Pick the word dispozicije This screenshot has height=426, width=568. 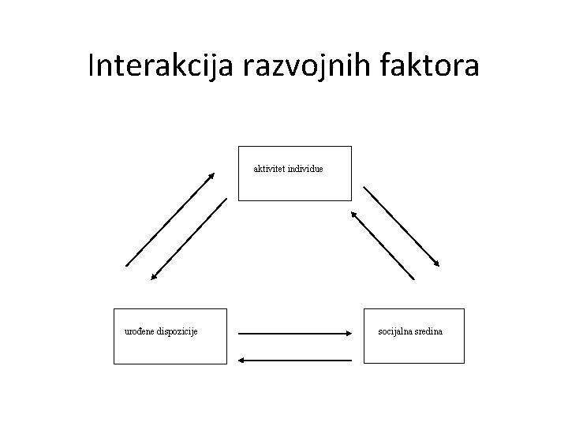click(178, 331)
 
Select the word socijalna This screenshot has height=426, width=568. click(397, 331)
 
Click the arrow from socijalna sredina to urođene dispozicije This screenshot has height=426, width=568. click(294, 361)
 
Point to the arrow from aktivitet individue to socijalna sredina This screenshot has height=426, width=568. click(401, 226)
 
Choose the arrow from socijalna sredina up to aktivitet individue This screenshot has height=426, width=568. click(382, 244)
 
